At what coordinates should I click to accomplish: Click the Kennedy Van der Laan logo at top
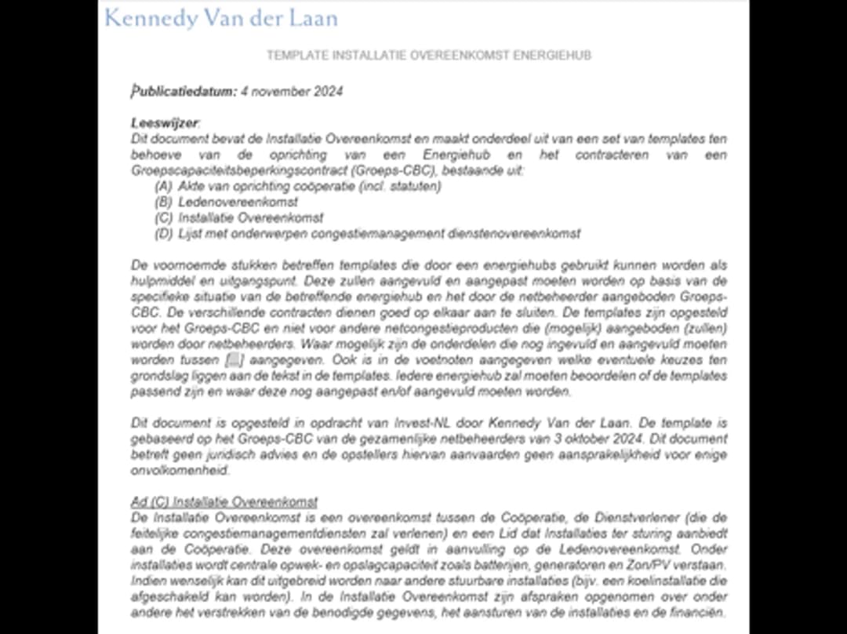pyautogui.click(x=220, y=18)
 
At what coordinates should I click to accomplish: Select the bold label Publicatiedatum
pyautogui.click(x=184, y=92)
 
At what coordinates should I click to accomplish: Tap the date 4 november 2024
pyautogui.click(x=292, y=92)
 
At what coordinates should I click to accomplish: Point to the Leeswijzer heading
pyautogui.click(x=165, y=123)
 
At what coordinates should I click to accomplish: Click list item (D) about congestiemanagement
pyautogui.click(x=367, y=234)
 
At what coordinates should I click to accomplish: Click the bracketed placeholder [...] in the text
pyautogui.click(x=234, y=360)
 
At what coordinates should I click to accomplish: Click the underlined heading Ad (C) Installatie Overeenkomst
pyautogui.click(x=224, y=502)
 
